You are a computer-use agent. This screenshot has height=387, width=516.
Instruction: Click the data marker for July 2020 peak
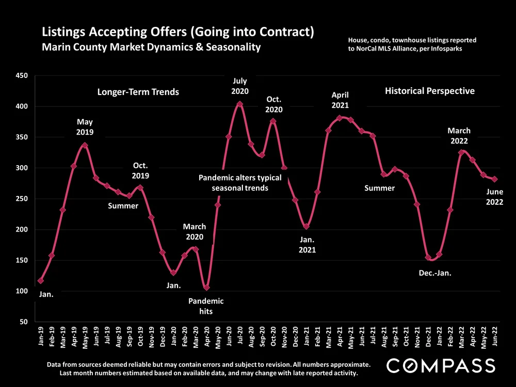[239, 104]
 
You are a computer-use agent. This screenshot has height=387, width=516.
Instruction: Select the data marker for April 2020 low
[206, 287]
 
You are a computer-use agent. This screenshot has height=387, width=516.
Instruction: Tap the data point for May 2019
[85, 146]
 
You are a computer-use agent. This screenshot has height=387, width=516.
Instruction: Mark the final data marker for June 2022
[494, 179]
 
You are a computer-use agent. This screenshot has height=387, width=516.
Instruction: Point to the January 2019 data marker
[41, 280]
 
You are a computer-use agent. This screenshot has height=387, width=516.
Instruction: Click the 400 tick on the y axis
[21, 107]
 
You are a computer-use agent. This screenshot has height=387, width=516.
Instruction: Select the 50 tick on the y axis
[23, 322]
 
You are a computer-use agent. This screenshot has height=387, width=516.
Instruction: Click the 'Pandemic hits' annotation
[205, 307]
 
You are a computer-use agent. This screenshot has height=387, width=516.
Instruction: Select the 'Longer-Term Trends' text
[138, 92]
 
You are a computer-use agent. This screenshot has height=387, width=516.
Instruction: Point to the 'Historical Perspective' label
[429, 91]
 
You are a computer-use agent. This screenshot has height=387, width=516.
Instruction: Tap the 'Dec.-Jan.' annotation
[435, 273]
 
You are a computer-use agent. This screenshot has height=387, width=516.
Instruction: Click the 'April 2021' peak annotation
[340, 100]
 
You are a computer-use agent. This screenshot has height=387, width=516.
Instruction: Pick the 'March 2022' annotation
[459, 136]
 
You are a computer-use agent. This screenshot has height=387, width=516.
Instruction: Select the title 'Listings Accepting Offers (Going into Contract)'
[178, 33]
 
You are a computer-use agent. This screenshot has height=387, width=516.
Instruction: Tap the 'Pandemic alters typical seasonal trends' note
[240, 183]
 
